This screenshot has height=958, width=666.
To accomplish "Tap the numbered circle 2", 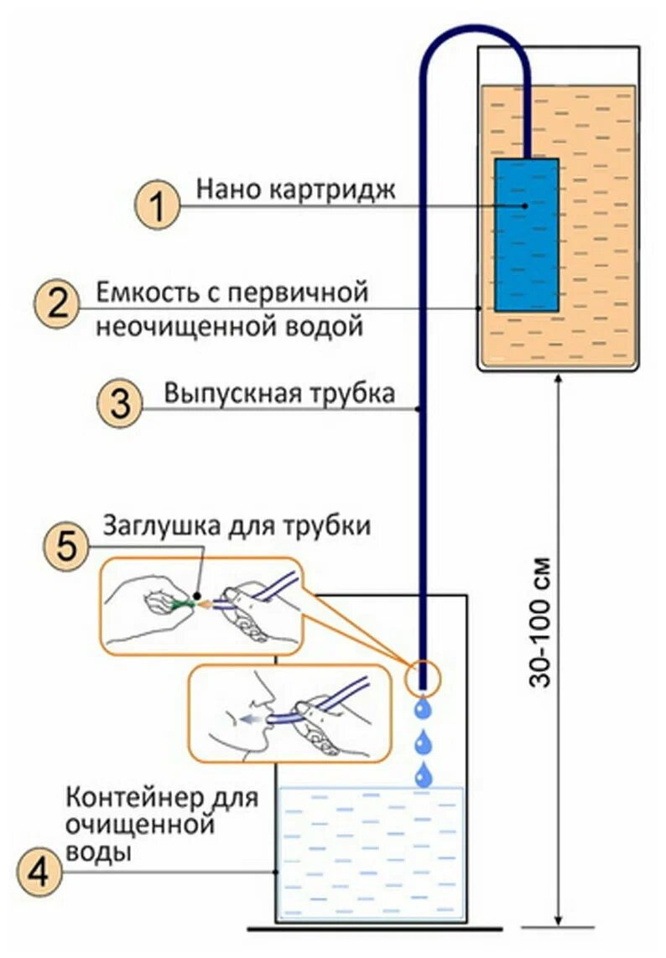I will (57, 303).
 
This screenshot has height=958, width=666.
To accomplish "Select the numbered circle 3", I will (122, 403).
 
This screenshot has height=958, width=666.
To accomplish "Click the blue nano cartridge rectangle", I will (527, 235).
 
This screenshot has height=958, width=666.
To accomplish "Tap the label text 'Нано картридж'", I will (295, 189).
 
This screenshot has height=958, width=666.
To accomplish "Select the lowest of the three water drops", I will (425, 774).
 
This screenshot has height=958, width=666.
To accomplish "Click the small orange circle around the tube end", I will (424, 677).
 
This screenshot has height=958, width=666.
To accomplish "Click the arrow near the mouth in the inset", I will (248, 718).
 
